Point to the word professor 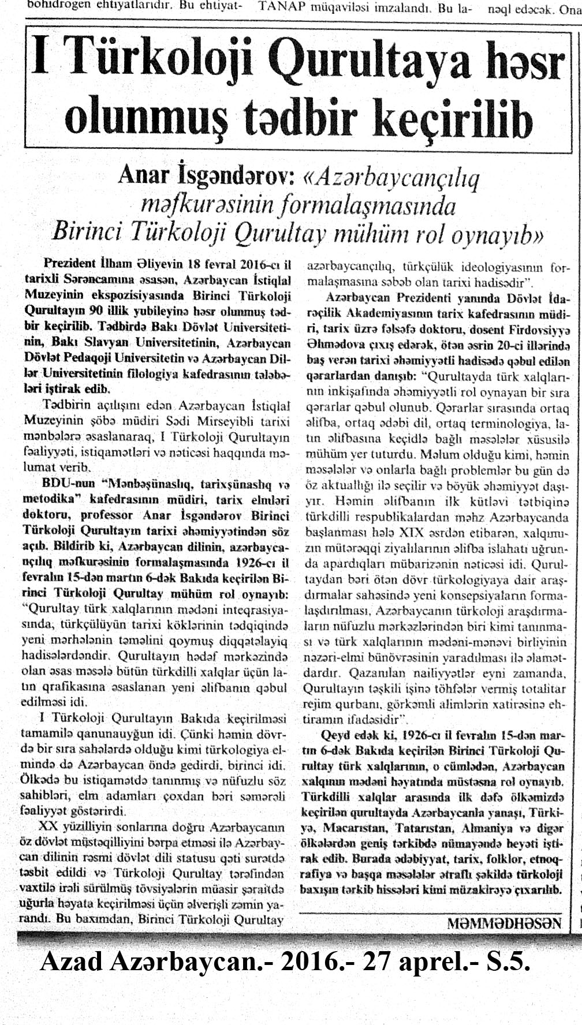[x=107, y=514]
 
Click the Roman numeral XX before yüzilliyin [x=48, y=824]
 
